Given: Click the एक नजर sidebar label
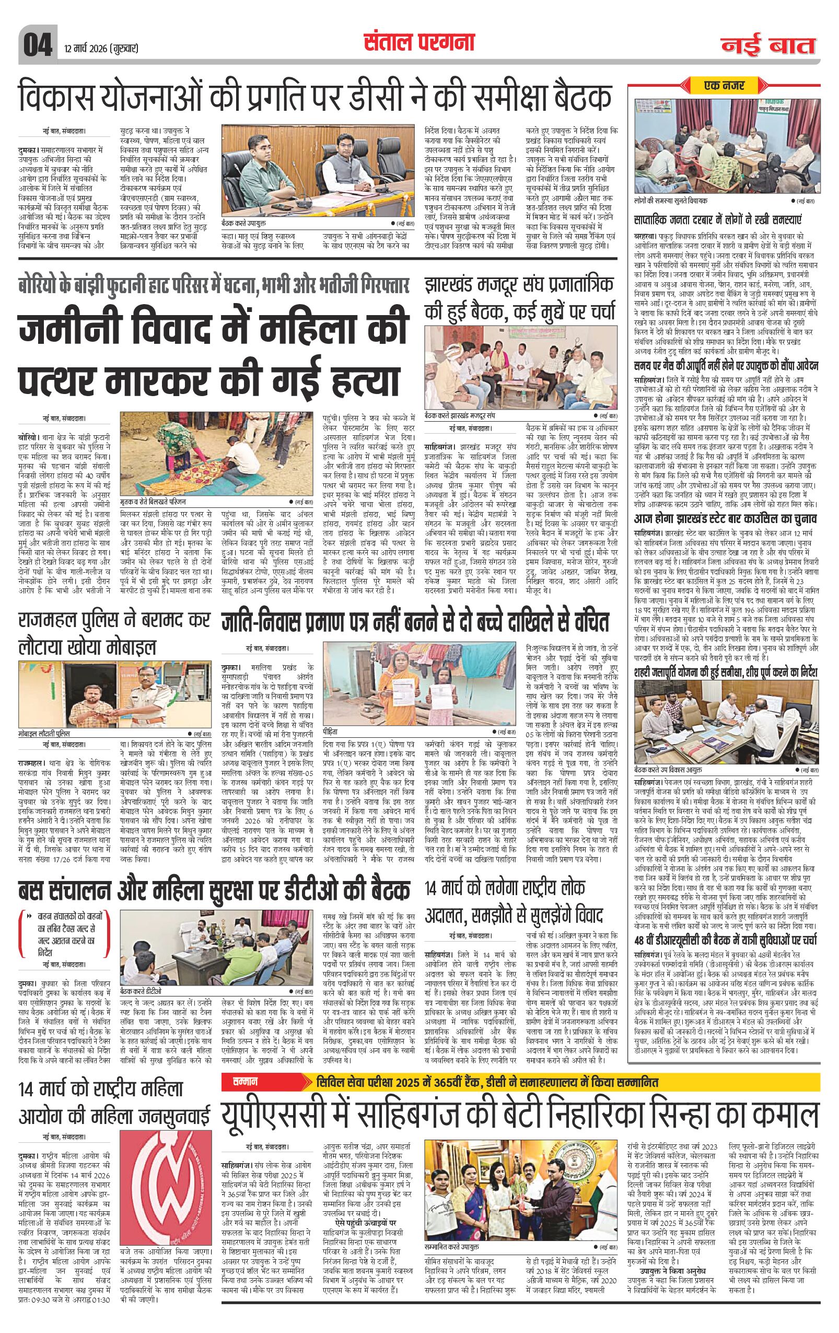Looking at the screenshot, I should tap(725, 85).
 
